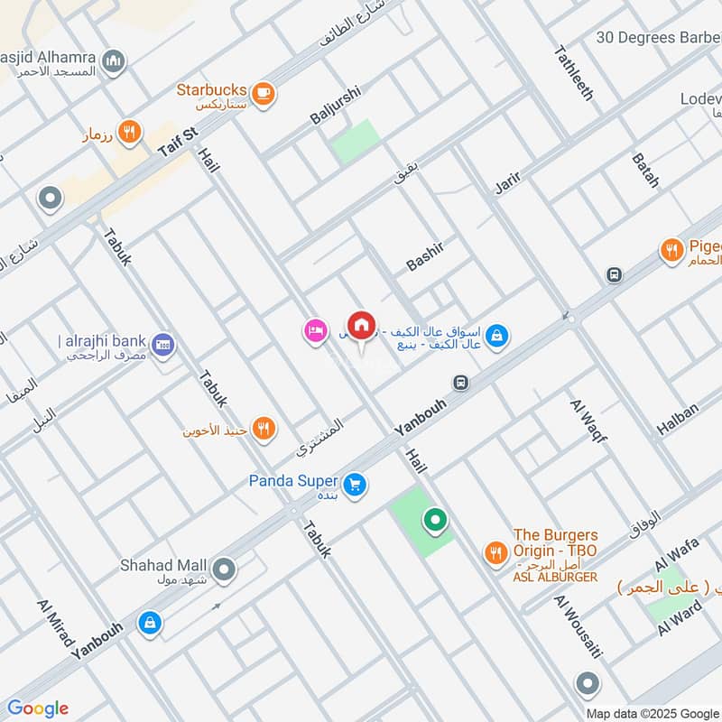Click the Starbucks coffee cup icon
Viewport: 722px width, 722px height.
coord(263,92)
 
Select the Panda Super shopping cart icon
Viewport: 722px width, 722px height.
coord(356,485)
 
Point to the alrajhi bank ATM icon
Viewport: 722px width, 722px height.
coord(164,344)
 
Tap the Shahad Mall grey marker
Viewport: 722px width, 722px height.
coord(225,569)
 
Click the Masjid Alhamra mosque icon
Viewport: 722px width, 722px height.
coord(113,61)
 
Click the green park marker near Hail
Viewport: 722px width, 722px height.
coord(435,520)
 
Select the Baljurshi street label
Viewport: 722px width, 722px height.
coord(335,106)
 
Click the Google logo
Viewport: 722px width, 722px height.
coord(38,708)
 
